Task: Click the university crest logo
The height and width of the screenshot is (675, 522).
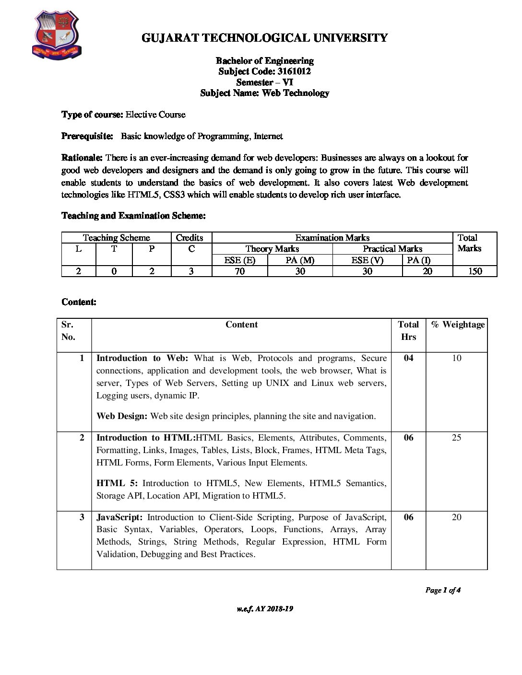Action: coord(56,35)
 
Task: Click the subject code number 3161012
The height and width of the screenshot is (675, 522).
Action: coord(294,71)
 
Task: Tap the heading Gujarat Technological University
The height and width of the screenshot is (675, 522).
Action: coord(264,38)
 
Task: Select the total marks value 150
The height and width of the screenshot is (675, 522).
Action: coord(475,271)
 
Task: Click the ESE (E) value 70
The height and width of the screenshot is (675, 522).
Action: coord(239,271)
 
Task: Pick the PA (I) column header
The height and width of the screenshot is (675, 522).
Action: coord(419,260)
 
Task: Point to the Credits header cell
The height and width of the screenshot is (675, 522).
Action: coord(190,238)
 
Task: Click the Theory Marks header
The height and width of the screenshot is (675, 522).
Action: coord(272,249)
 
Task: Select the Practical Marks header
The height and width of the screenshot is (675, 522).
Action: coord(392,249)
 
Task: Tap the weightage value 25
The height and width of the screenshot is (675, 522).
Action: coord(456,438)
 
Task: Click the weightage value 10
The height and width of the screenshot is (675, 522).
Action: coord(456,358)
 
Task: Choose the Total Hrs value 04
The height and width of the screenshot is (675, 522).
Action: coord(408,358)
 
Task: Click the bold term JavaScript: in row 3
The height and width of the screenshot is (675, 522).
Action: coord(119,517)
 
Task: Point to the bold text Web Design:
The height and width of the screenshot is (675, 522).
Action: coord(122,416)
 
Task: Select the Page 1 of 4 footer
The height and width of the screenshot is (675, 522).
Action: coord(443,590)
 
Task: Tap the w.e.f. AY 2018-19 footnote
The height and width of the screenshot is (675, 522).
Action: coord(265,609)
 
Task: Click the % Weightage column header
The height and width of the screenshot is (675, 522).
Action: coord(458,325)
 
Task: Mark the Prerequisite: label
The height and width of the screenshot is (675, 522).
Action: coord(87,136)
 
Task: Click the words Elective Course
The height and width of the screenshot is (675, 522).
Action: coord(155,115)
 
